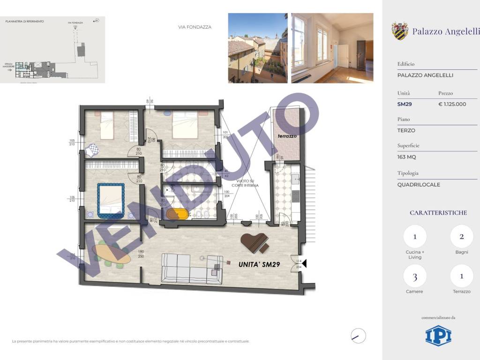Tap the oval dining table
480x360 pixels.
coord(111,254)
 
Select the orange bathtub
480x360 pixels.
coord(176,214)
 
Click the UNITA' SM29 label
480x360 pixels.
coord(259,264)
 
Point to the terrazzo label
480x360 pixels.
coord(287,136)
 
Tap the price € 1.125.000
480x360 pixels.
coord(452,104)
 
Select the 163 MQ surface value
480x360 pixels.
coord(406,157)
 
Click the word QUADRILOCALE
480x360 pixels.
coord(419,184)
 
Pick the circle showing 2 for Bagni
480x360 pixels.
coord(461,237)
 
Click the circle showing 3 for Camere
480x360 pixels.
coord(414,276)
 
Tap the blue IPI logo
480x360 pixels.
coord(438,336)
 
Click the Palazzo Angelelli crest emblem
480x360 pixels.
coord(400,31)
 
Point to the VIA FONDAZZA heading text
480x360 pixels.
coord(195,27)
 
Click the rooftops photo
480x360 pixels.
coord(257,48)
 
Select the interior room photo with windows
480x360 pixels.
coord(332,48)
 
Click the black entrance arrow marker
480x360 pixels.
coord(304,264)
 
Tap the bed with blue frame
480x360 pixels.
coord(111,200)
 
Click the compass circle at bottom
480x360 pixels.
coord(358,336)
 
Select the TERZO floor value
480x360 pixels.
coord(406,130)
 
